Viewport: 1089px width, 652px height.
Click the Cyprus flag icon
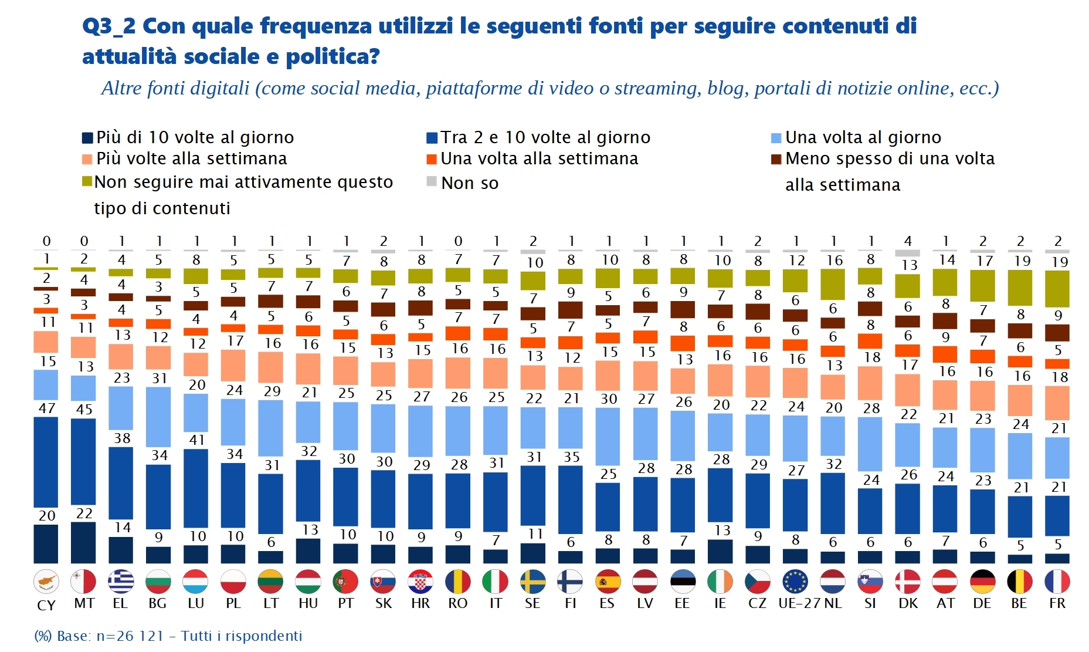pyautogui.click(x=46, y=582)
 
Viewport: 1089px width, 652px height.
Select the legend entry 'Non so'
pyautogui.click(x=469, y=183)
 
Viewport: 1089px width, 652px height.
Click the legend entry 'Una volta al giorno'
pyautogui.click(x=863, y=137)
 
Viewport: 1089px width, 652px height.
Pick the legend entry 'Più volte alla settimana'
pyautogui.click(x=191, y=158)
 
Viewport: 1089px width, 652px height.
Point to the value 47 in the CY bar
pyautogui.click(x=47, y=408)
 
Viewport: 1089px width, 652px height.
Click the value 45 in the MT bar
pyautogui.click(x=84, y=410)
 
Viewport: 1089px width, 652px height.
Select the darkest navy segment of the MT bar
pyautogui.click(x=83, y=543)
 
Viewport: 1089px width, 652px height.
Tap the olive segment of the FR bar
pyautogui.click(x=1057, y=288)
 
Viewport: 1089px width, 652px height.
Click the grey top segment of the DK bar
pyautogui.click(x=907, y=254)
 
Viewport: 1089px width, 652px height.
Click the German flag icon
pyautogui.click(x=982, y=582)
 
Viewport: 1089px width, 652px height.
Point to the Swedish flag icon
pyautogui.click(x=532, y=582)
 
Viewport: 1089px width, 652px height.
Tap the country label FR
pyautogui.click(x=1057, y=603)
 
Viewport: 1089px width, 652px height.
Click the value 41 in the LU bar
pyautogui.click(x=196, y=440)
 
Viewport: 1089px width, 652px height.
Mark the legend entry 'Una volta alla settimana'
pyautogui.click(x=539, y=158)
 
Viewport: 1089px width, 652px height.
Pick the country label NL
pyautogui.click(x=833, y=603)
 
